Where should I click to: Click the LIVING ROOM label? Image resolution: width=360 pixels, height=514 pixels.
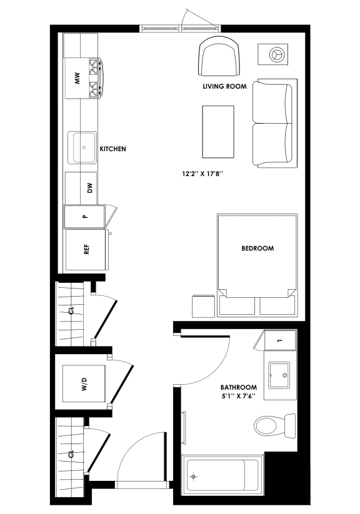[224, 86]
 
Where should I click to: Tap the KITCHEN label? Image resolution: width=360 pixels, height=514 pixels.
[113, 149]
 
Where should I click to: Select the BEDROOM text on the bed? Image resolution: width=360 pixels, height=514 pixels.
[257, 249]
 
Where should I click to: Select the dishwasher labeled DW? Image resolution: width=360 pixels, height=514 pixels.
[89, 188]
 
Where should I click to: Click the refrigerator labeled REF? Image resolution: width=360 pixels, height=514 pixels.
[86, 250]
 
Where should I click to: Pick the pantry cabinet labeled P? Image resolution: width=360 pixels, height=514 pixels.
[85, 217]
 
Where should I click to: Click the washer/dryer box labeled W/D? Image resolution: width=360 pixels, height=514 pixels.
[84, 387]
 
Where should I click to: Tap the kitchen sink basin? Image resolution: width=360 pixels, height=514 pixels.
[82, 147]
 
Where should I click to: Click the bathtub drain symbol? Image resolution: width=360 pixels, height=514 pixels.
[194, 477]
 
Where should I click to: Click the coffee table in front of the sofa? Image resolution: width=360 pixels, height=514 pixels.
[218, 131]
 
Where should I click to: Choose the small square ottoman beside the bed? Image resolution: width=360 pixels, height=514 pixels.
[203, 305]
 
